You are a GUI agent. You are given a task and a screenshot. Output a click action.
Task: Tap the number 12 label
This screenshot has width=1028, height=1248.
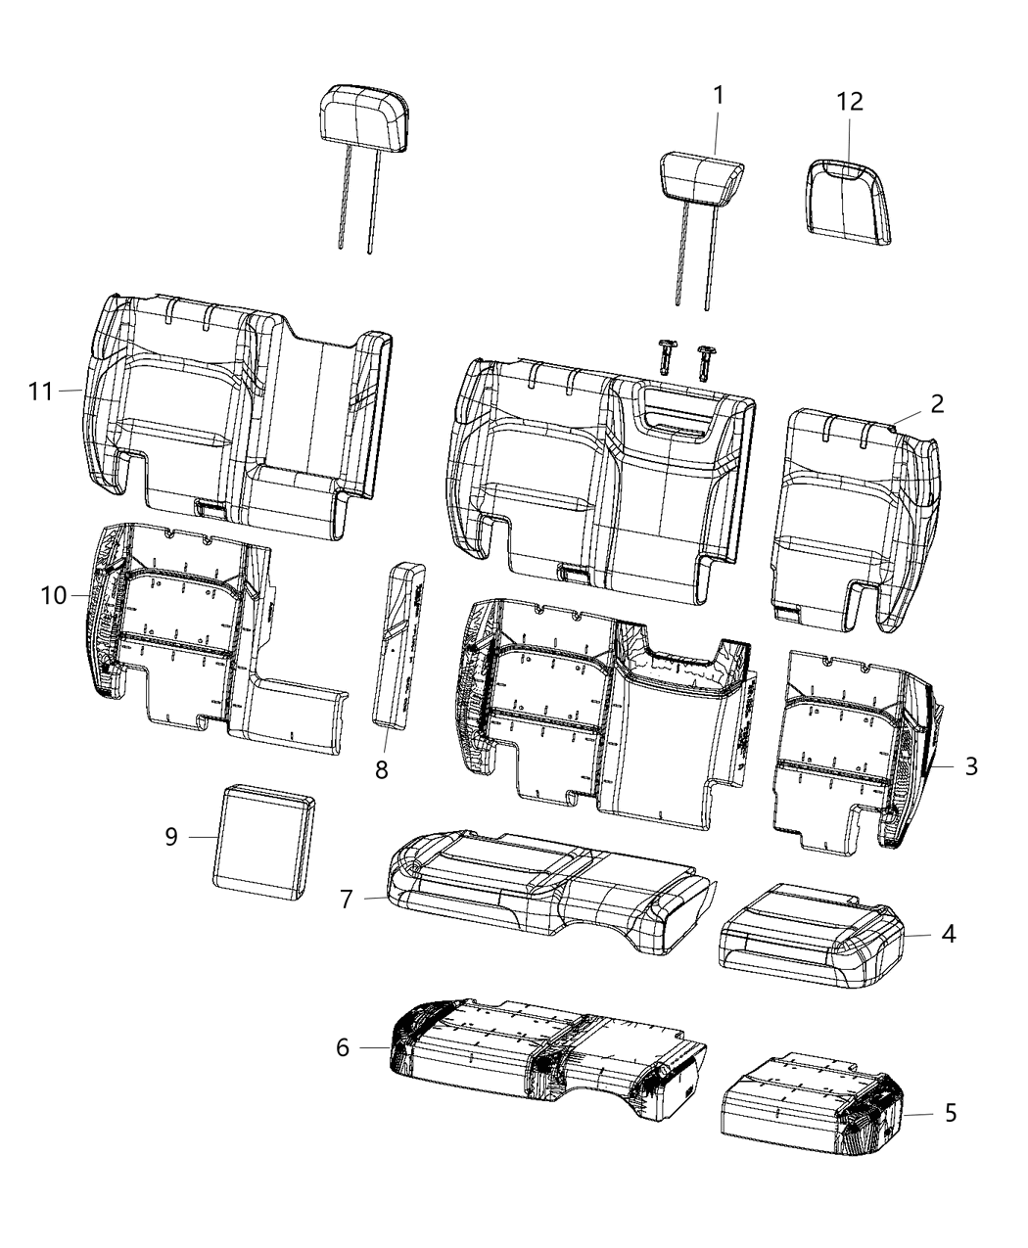coord(850,102)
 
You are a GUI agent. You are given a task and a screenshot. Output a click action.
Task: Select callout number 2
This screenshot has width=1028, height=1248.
coord(937,403)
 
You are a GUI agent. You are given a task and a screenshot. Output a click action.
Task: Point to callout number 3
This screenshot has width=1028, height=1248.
coord(970,765)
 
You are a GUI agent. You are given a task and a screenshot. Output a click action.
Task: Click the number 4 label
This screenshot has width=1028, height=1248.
coord(947,934)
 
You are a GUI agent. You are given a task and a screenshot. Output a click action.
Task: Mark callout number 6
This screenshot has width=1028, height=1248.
coord(343,1047)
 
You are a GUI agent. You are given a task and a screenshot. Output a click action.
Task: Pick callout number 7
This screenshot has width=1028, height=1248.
coord(346,899)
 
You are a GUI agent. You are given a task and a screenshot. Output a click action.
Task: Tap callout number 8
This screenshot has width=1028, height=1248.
coord(382,769)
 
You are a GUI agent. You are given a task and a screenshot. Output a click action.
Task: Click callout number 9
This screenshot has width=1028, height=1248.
coord(171,838)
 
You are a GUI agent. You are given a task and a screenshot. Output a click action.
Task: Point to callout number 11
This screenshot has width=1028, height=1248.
coord(40,392)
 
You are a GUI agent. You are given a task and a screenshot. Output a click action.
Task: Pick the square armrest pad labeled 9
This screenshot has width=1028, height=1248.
coord(265,840)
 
